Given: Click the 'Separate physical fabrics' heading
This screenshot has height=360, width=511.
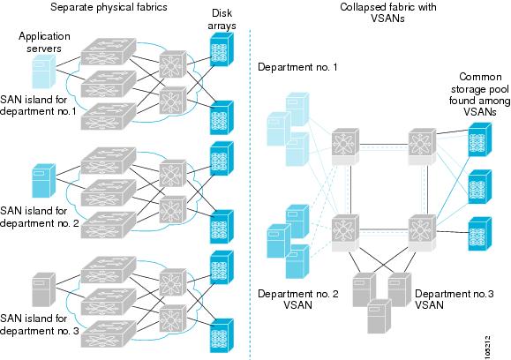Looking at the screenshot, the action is coord(109,7).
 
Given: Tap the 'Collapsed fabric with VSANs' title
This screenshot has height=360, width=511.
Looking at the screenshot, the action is coord(387,12).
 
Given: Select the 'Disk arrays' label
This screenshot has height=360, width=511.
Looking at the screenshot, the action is coord(222,19).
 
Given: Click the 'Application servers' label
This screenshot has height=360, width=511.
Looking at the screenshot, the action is coord(44,42).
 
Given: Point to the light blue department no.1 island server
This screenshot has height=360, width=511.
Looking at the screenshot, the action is coord(43,71).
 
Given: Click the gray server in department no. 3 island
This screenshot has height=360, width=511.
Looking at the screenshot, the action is coord(43,289).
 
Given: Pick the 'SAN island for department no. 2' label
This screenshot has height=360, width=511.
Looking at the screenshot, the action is coord(40,217).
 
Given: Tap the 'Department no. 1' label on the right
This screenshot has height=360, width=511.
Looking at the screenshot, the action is coord(297,67).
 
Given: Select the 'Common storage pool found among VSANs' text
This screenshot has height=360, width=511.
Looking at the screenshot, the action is coord(479,94).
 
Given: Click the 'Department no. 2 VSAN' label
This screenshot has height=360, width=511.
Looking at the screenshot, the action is coord(298,299).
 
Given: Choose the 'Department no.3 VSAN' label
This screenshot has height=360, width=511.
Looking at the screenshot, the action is coord(454,299).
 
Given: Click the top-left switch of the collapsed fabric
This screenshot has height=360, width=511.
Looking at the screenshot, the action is coord(345,146).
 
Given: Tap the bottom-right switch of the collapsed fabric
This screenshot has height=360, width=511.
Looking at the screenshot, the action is coord(423,233).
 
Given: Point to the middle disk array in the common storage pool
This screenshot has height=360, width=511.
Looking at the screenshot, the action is coord(480,187).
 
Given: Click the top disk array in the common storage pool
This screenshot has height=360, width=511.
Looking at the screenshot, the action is coord(480,139).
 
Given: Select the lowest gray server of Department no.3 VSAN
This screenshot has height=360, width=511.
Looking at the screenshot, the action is coord(379,317).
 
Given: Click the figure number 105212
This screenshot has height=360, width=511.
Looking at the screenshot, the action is coord(487,348).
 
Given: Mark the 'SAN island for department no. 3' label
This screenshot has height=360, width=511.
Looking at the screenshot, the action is coord(40,325).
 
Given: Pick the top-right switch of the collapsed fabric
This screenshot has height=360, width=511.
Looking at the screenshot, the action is coord(423,146).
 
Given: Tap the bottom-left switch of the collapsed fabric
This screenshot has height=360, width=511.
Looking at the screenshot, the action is coord(345,233).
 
